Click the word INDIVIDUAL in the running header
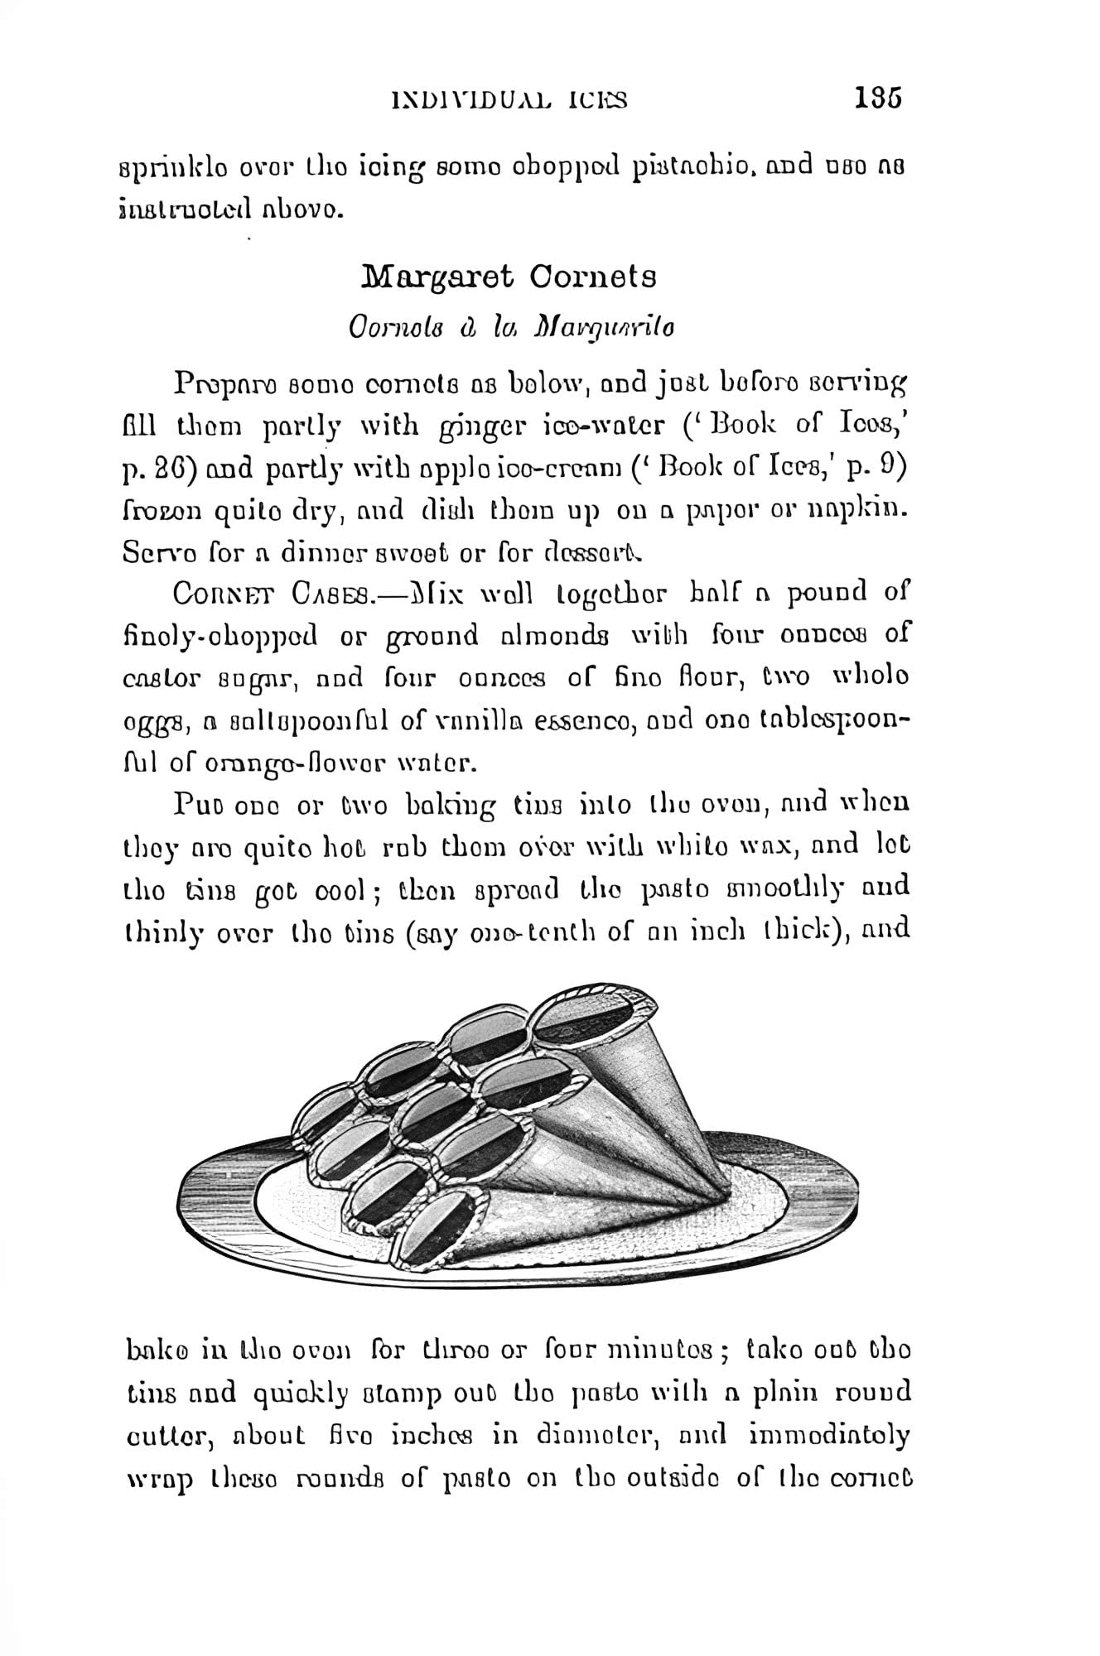click(465, 101)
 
